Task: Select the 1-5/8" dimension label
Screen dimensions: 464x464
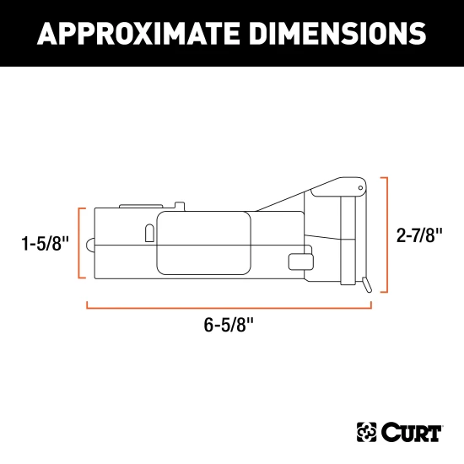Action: (x=46, y=243)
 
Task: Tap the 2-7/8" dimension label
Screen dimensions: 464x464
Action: (x=419, y=235)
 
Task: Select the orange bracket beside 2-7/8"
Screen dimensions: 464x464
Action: (x=386, y=235)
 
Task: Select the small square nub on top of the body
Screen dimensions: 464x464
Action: (x=179, y=204)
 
